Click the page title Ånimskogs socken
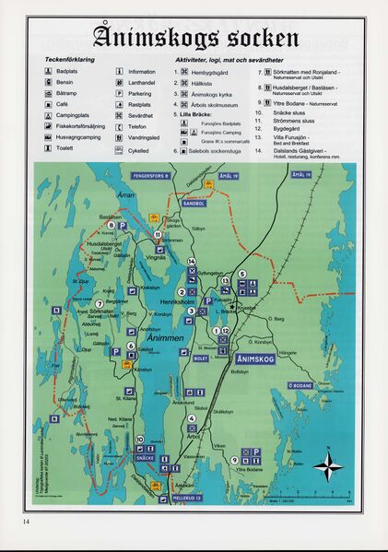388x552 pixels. (194, 38)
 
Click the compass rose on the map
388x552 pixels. (327, 464)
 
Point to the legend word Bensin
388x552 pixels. (65, 83)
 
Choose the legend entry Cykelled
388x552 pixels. (140, 149)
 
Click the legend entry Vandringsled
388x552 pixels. (146, 136)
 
